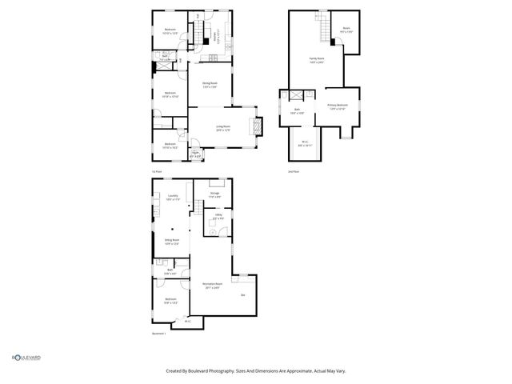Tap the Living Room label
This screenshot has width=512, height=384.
223,127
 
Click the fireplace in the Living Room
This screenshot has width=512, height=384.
257,126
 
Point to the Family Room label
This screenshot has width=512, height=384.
317,58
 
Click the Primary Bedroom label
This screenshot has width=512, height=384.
337,106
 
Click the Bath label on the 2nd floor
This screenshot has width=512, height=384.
296,111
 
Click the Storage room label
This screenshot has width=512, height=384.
215,194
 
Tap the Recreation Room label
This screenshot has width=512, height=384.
212,285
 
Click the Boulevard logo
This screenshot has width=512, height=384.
26,358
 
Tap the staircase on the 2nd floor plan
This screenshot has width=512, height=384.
325,30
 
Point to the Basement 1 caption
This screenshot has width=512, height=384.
159,334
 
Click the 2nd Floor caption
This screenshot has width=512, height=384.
294,171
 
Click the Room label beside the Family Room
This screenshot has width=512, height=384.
346,29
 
